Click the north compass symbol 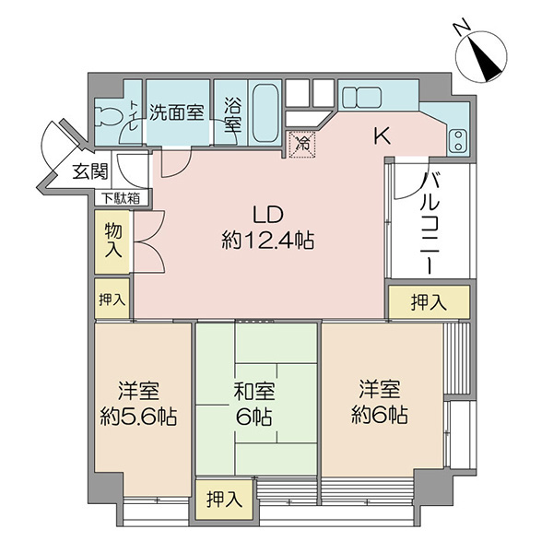pos(481,56)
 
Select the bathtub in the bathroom pos(265,112)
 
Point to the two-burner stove pos(458,140)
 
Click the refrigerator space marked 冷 pos(302,144)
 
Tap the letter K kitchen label pos(382,136)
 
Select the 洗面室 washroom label pos(177,112)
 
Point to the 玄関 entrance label pos(90,171)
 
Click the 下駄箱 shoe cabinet pos(122,198)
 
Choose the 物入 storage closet pos(113,241)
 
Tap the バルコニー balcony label pos(430,223)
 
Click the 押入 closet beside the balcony pos(429,302)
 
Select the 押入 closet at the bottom pos(225,500)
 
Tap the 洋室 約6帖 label pos(380,402)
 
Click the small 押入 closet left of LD pos(112,300)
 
